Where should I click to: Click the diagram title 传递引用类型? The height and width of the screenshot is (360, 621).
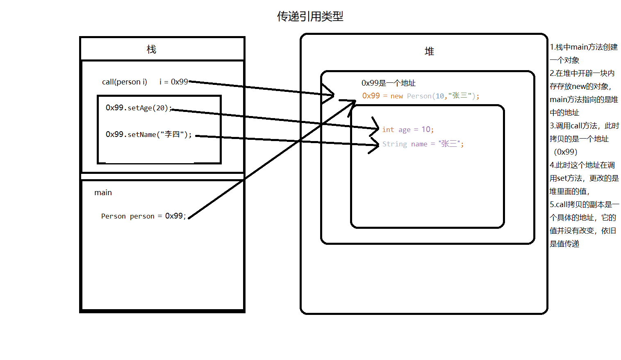(x=310, y=16)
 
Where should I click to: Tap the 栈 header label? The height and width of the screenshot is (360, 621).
(x=151, y=50)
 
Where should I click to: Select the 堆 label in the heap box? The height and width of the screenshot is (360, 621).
(x=429, y=51)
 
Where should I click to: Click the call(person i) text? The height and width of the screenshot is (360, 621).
(x=124, y=82)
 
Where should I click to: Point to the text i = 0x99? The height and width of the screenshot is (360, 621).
(x=173, y=82)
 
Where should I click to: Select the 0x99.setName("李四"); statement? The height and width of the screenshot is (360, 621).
(x=148, y=134)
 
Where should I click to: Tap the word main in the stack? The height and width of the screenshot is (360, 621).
(x=103, y=193)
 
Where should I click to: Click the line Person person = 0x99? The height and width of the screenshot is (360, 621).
(x=143, y=216)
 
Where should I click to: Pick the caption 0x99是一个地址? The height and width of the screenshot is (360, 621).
(x=388, y=83)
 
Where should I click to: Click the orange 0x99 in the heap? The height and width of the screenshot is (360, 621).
(x=371, y=96)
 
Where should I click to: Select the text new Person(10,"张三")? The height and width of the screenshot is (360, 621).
(x=434, y=96)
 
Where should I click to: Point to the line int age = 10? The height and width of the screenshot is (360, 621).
(x=408, y=130)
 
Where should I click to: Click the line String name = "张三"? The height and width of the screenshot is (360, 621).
(x=423, y=144)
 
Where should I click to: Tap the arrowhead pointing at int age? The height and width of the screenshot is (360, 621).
(x=375, y=127)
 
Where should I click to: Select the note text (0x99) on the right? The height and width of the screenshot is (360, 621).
(x=565, y=152)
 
